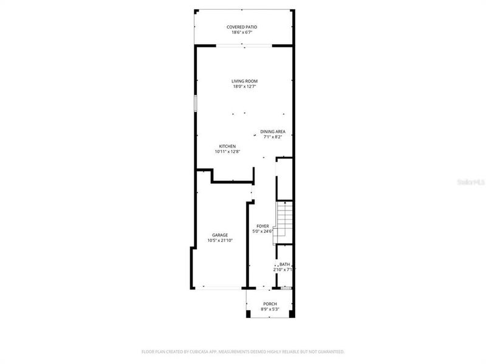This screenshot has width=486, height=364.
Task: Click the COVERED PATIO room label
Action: [242, 27]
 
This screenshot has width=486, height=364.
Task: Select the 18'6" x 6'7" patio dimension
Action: [242, 33]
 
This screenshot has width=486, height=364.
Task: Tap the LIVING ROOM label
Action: [245, 81]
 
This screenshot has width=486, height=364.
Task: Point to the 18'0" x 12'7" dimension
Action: [245, 87]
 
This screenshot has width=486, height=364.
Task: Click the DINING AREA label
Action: [273, 132]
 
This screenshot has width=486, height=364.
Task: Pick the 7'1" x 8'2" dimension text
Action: [273, 137]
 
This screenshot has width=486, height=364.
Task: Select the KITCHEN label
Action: [227, 146]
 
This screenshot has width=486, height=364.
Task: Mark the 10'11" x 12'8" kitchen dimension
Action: [227, 152]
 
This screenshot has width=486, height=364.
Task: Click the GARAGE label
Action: [220, 235]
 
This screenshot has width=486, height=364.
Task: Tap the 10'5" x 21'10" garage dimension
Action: [220, 240]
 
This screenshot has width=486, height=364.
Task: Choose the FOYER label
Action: [262, 226]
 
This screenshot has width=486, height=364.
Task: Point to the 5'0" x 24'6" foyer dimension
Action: [262, 231]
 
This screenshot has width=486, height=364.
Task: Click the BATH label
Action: [284, 265]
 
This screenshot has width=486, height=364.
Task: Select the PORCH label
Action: [270, 304]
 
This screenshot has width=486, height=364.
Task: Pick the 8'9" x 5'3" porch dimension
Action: [270, 309]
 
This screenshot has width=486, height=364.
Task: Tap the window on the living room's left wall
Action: [195, 103]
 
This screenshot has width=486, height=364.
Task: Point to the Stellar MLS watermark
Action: [474, 181]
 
